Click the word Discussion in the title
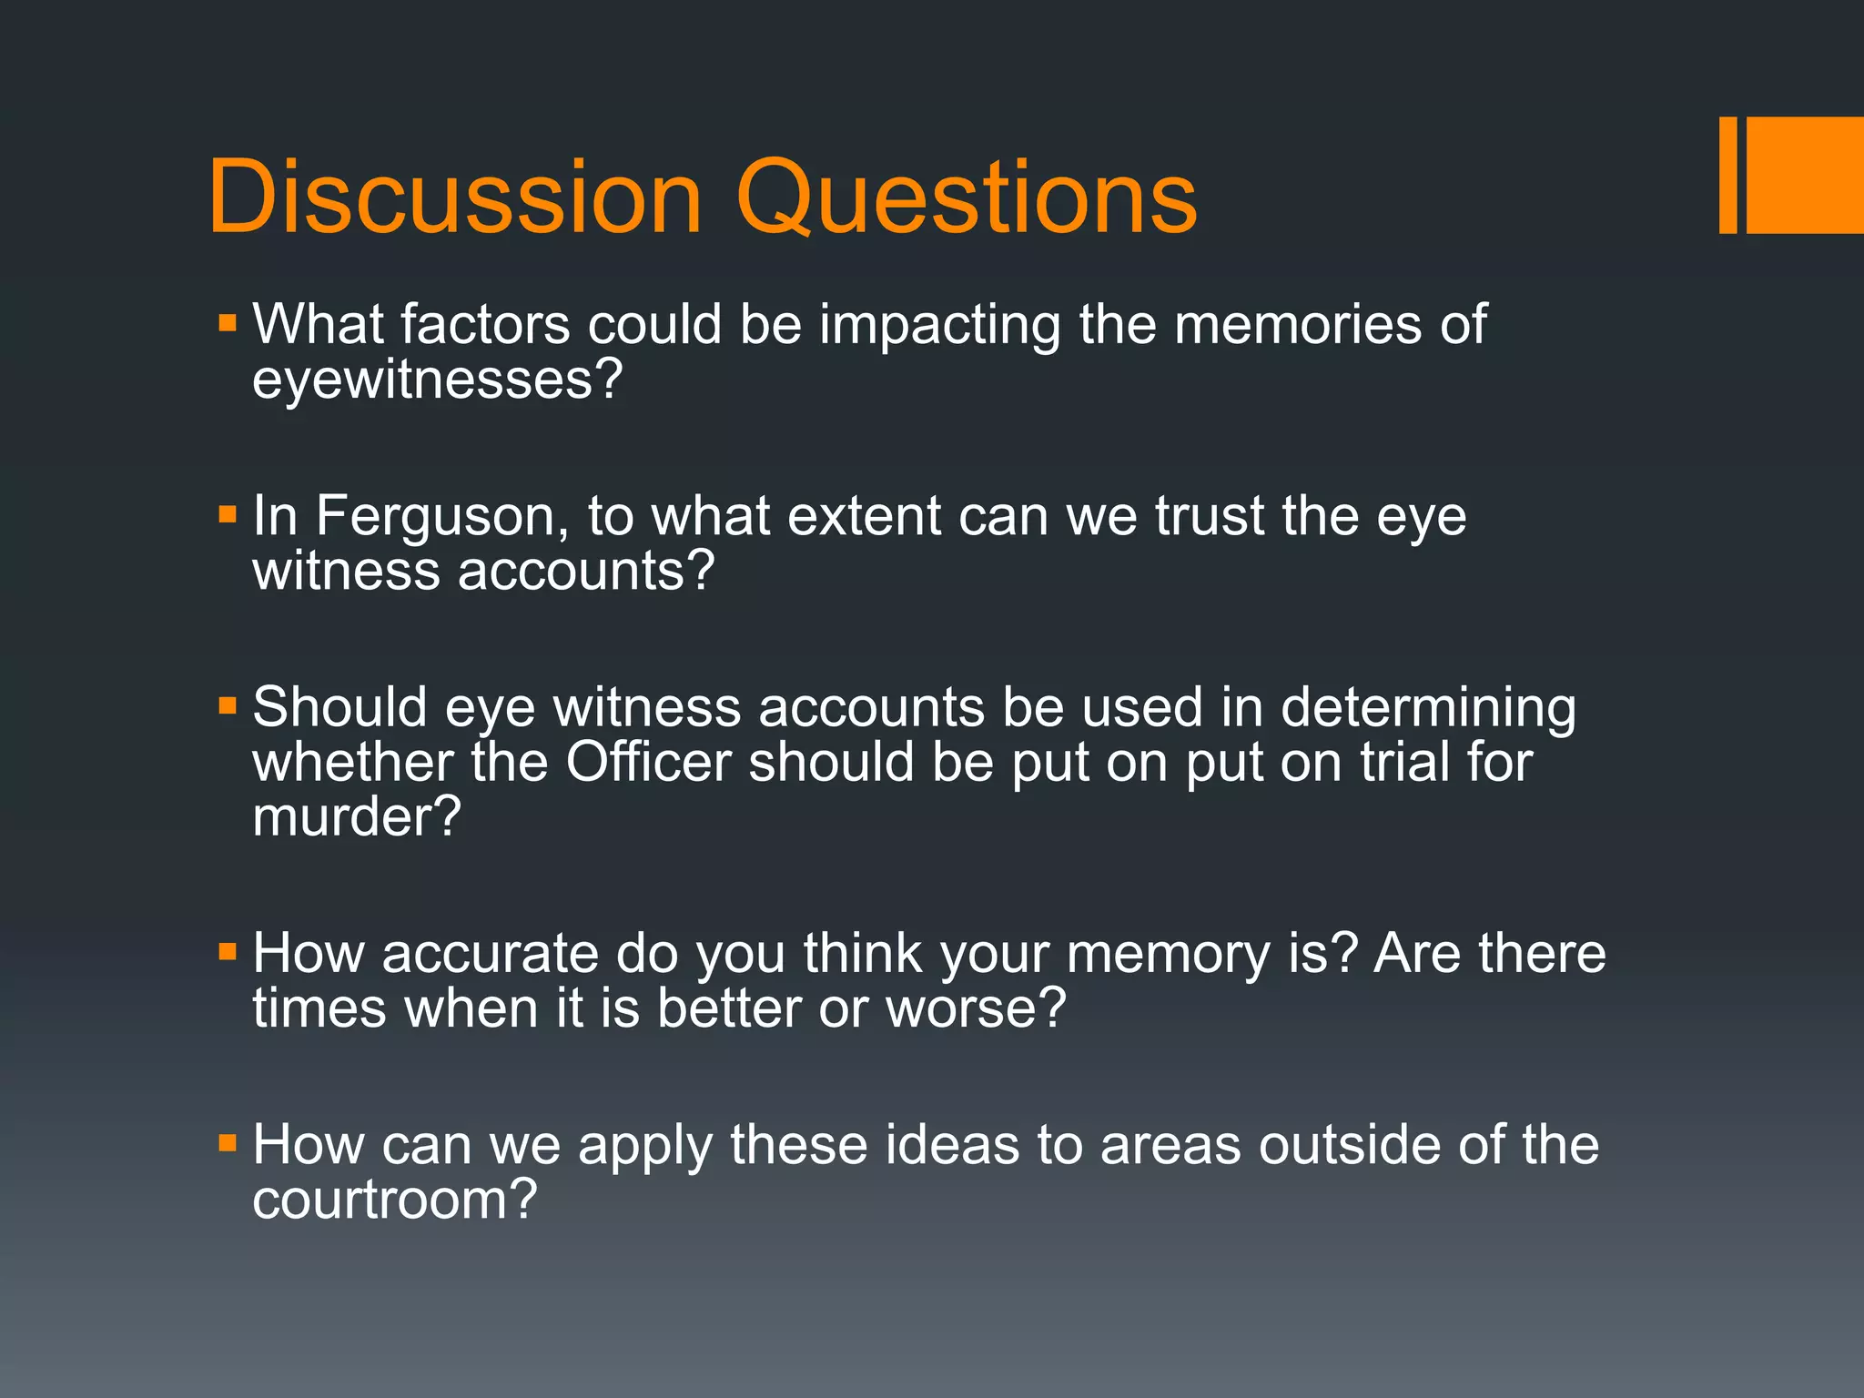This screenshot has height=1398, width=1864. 455,197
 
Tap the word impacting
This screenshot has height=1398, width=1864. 939,325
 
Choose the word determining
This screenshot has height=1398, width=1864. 1428,708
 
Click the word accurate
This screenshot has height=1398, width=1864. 490,954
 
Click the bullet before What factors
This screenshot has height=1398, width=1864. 228,323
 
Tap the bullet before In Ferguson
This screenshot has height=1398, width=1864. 228,515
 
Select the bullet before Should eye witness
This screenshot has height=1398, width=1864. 228,706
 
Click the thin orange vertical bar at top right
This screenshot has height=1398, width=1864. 1727,175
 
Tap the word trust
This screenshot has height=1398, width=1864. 1210,516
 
